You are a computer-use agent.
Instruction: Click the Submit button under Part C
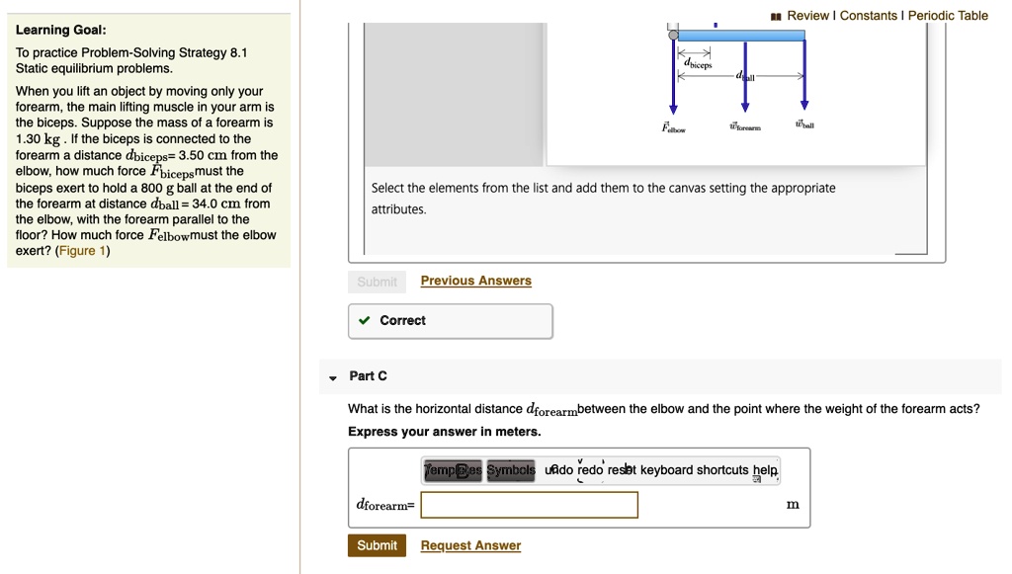377,545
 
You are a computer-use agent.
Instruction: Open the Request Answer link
470,545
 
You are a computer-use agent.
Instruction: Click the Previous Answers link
475,281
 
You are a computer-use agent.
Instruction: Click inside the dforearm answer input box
529,505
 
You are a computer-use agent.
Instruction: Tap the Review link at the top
807,15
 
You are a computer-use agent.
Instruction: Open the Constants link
869,15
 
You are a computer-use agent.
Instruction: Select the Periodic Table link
948,15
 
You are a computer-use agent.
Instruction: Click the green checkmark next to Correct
365,320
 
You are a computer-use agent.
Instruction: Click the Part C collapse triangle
333,376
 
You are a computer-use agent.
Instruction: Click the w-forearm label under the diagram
745,127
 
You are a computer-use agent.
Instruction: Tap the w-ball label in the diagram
804,125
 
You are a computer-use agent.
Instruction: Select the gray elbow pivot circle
673,35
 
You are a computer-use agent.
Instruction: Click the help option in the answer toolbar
765,470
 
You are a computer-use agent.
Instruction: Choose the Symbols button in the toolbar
510,470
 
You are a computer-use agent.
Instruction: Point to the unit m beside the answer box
793,505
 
